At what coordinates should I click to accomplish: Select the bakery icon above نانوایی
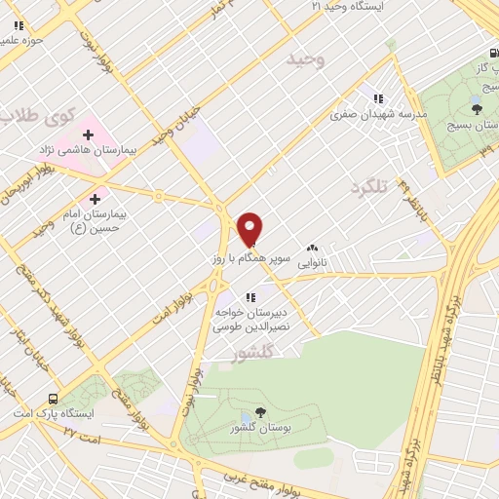312,249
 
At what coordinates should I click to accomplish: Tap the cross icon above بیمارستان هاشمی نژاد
89,134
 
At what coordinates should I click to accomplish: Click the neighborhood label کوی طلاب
35,117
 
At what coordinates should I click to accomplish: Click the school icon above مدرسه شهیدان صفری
378,97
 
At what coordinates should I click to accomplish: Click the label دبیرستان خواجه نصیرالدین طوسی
255,321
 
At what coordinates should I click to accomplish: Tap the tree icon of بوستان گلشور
259,412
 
